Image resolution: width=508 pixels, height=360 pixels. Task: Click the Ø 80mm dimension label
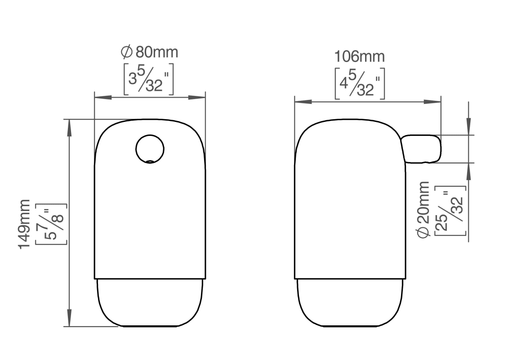pos(149,52)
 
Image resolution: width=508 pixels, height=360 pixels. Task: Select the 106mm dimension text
pos(359,57)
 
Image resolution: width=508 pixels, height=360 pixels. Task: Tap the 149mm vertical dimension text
pos(24,224)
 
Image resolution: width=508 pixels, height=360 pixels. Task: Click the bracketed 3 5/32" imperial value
pos(148,79)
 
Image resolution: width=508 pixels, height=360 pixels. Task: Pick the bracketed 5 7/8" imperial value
pos(51,224)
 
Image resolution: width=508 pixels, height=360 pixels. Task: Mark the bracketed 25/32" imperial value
pos(450,211)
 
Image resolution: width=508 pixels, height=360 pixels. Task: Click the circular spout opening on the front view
pos(150,149)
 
